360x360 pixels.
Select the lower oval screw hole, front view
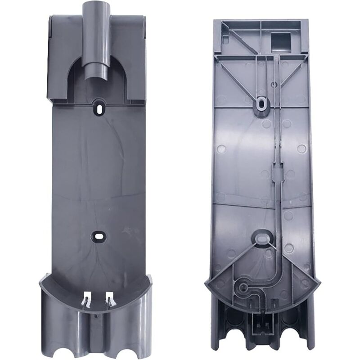click(x=97, y=235)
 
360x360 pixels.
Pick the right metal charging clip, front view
click(x=109, y=299)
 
